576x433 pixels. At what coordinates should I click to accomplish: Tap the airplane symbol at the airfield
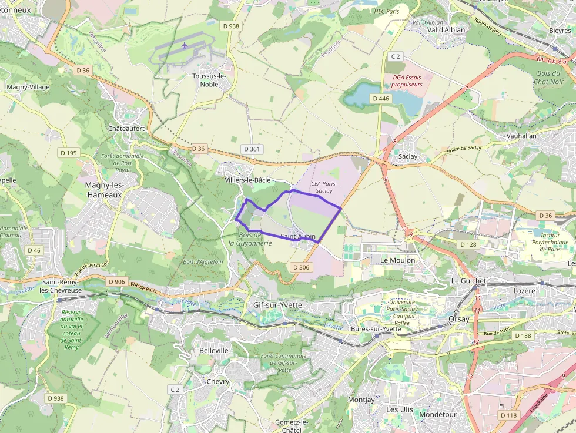pyautogui.click(x=185, y=45)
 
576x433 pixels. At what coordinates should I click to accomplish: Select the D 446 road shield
pyautogui.click(x=381, y=99)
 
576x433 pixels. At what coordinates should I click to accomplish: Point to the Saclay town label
pyautogui.click(x=408, y=157)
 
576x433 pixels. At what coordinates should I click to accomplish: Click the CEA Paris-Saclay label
pyautogui.click(x=324, y=187)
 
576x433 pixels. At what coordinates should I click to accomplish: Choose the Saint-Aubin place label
pyautogui.click(x=298, y=237)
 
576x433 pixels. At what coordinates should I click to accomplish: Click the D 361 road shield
pyautogui.click(x=251, y=149)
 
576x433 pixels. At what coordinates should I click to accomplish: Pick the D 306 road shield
pyautogui.click(x=301, y=267)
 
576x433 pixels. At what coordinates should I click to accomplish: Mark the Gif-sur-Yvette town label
pyautogui.click(x=277, y=305)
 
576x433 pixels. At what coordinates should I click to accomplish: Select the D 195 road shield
pyautogui.click(x=69, y=153)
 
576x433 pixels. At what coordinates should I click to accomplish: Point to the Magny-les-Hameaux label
pyautogui.click(x=103, y=189)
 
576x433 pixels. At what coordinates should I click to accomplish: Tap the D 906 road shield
pyautogui.click(x=117, y=282)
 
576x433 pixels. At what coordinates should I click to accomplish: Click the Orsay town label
pyautogui.click(x=459, y=319)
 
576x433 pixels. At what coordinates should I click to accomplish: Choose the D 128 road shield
pyautogui.click(x=468, y=244)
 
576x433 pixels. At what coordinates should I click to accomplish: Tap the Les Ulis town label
pyautogui.click(x=400, y=409)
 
